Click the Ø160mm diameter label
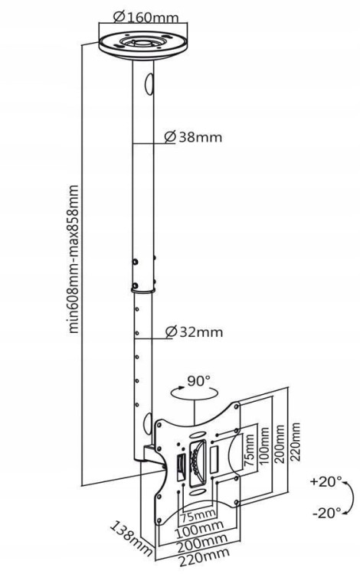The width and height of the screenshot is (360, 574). pos(146,17)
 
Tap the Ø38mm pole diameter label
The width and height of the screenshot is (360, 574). pos(193,137)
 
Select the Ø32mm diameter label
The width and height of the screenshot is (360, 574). pos(194,331)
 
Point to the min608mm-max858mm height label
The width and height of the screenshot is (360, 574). pos(74,259)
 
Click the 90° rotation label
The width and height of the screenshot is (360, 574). pos(199,381)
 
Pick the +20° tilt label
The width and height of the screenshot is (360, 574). pos(326,481)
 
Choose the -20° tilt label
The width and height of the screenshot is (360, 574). pos(326,513)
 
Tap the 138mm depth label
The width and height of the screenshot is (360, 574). pos(131,539)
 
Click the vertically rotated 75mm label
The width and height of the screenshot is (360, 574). pos(249,449)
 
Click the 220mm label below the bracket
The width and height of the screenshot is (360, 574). pos(198,559)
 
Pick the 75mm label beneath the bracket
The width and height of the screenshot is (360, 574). pos(198,516)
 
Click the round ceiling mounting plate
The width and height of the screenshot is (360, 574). pos(142,47)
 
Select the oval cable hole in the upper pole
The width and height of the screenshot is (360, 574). pos(149,84)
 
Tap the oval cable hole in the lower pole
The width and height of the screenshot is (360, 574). pos(147,423)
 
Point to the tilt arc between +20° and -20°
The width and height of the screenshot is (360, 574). pos(351,498)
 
